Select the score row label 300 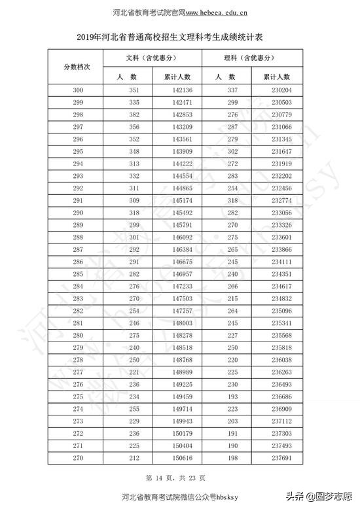pos(79,90)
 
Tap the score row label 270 pos(79,458)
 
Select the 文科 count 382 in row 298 pos(135,114)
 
